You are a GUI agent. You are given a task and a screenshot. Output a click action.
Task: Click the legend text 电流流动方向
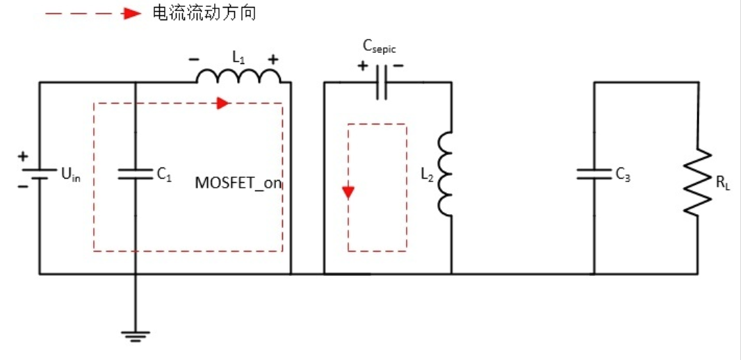tap(203, 13)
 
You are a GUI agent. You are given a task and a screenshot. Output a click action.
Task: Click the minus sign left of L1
tap(193, 59)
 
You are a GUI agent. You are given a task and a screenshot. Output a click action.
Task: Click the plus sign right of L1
tap(273, 59)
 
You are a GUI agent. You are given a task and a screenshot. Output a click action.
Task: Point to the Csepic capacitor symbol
tap(381, 83)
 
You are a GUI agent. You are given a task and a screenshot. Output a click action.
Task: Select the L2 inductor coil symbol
tap(446, 174)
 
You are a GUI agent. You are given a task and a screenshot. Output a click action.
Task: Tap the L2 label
tap(427, 175)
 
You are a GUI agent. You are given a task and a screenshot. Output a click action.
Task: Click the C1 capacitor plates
tap(135, 174)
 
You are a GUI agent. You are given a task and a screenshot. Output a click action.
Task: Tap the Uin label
tap(71, 175)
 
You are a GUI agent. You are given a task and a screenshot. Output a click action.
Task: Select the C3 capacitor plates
tap(594, 174)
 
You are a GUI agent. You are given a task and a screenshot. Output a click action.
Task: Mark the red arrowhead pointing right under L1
tap(222, 104)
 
